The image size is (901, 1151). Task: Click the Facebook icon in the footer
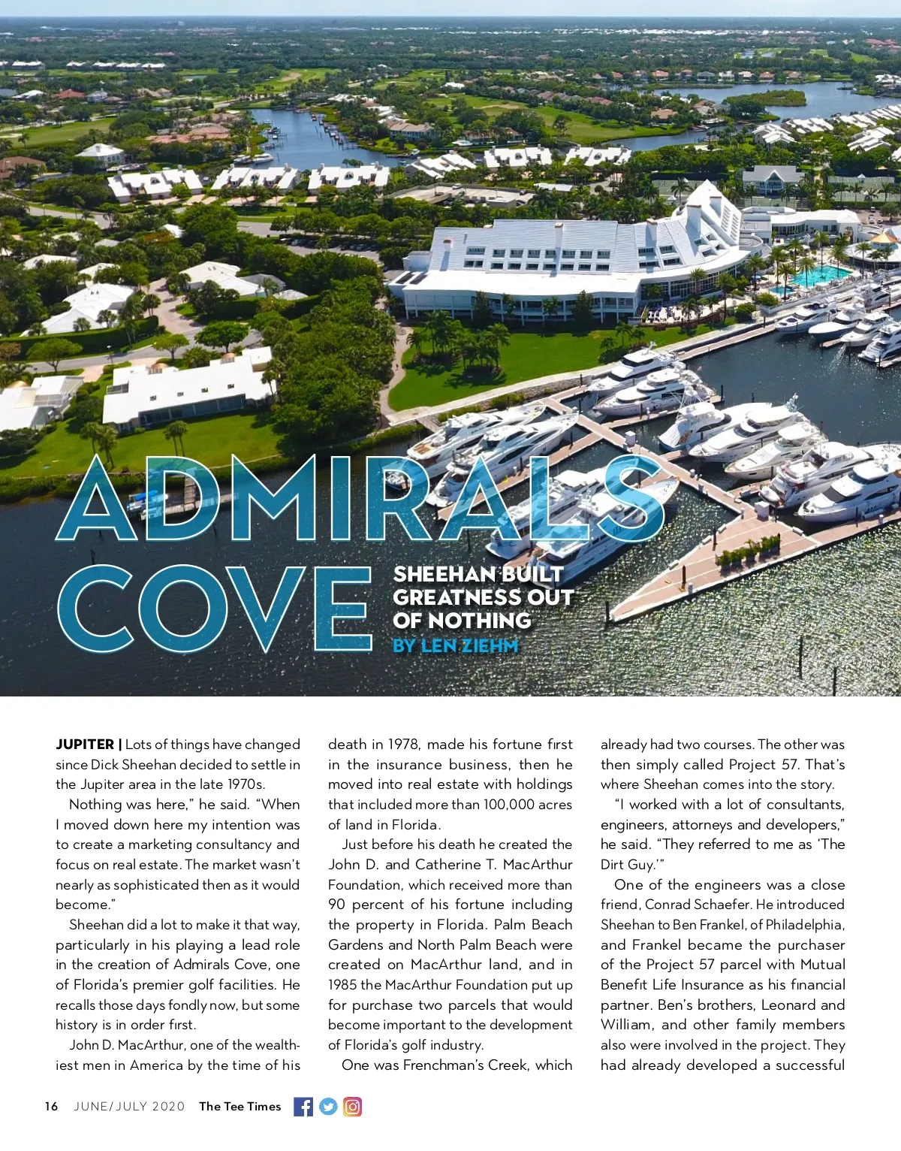(x=303, y=1107)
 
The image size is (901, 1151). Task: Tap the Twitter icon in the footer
(x=328, y=1107)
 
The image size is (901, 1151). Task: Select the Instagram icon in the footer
(x=353, y=1107)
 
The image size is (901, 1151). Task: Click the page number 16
(x=51, y=1107)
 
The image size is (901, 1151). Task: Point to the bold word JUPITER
(x=85, y=745)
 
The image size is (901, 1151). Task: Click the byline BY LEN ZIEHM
(x=455, y=645)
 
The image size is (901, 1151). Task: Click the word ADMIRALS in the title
(x=360, y=500)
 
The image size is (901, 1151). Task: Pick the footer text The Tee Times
(x=240, y=1107)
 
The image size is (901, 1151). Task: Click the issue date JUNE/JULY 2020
(x=129, y=1107)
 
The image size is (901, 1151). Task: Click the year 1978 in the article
(x=405, y=745)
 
